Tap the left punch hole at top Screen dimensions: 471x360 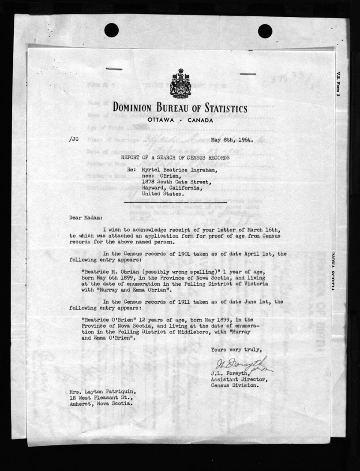(x=112, y=30)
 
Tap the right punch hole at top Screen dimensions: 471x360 (x=265, y=31)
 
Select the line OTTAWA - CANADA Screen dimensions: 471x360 (x=180, y=120)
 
